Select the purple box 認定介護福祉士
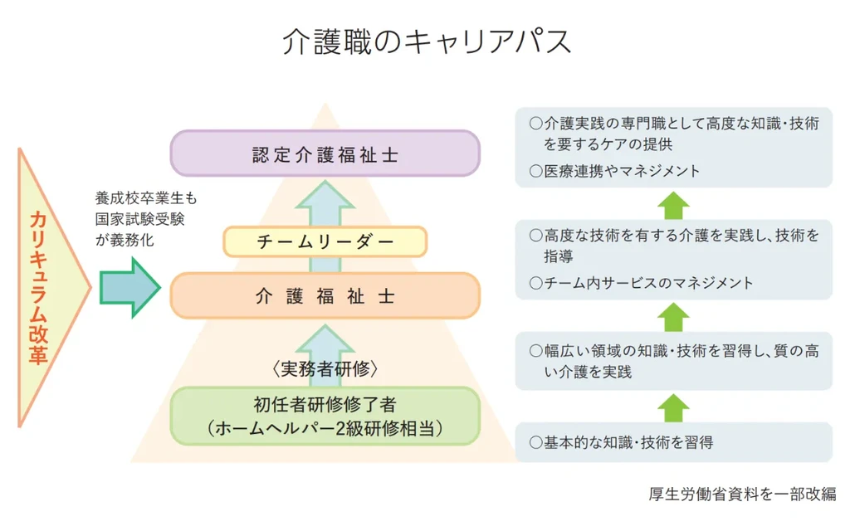pyautogui.click(x=325, y=154)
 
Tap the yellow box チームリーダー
pyautogui.click(x=325, y=241)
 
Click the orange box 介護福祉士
pyautogui.click(x=325, y=296)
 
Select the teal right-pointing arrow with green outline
pyautogui.click(x=129, y=287)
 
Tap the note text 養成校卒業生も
pyautogui.click(x=145, y=199)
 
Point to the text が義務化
pyautogui.click(x=125, y=241)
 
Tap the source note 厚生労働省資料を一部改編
pyautogui.click(x=742, y=494)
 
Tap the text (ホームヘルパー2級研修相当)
pyautogui.click(x=325, y=428)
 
